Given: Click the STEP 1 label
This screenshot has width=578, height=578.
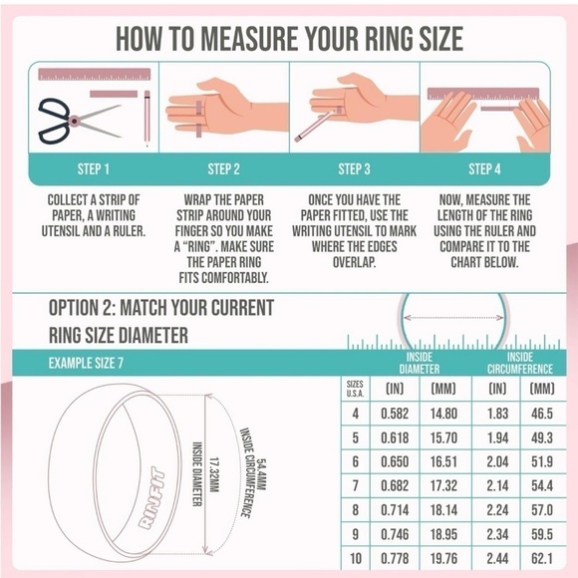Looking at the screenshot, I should click(x=94, y=168).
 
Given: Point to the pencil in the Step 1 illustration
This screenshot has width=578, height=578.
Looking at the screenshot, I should click(x=146, y=118).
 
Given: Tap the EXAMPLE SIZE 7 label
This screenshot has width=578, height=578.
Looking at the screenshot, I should click(x=88, y=363).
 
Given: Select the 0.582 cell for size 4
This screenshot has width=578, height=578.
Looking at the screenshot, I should click(x=395, y=413).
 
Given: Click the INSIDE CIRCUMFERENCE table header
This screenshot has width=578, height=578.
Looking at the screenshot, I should click(x=519, y=363).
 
